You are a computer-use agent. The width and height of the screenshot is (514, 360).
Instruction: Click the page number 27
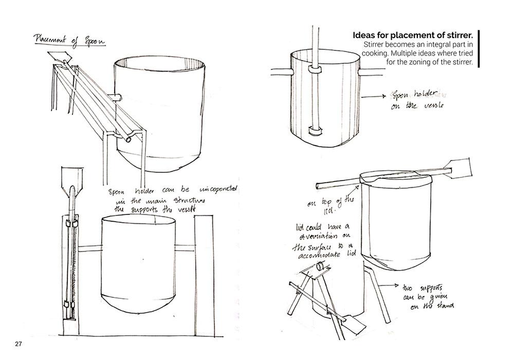pyautogui.click(x=18, y=344)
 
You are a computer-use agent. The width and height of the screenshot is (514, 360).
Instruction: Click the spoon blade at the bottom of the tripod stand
pyautogui.click(x=354, y=325)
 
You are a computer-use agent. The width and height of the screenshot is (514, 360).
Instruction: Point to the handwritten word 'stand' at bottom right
pyautogui.click(x=450, y=308)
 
